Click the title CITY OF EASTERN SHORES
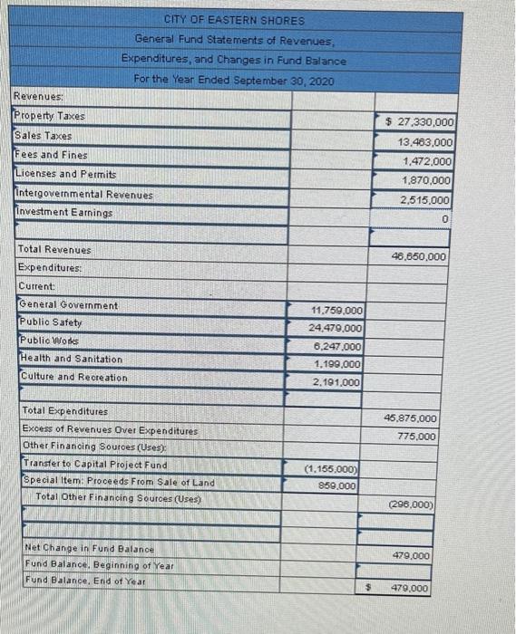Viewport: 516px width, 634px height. [x=235, y=20]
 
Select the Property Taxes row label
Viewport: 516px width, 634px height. [x=49, y=116]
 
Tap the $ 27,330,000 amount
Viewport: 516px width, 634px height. [x=420, y=122]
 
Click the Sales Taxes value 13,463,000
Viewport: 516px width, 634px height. [x=425, y=142]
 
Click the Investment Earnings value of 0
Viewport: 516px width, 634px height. [x=447, y=218]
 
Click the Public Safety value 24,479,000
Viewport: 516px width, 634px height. [x=335, y=328]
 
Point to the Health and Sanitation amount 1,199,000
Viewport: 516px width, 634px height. [x=337, y=363]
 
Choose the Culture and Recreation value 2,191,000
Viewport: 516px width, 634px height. [x=337, y=382]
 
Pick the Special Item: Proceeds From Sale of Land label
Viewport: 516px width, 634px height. [x=118, y=482]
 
